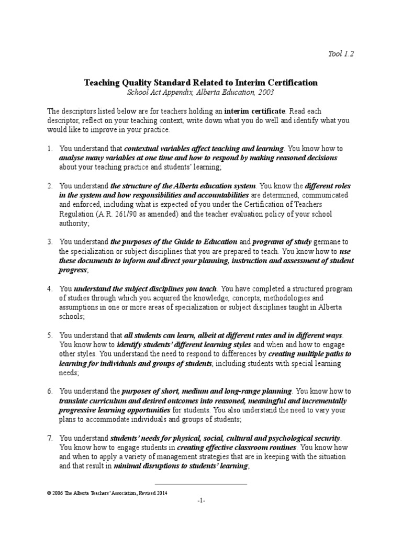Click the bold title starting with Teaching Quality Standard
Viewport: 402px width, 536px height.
click(201, 82)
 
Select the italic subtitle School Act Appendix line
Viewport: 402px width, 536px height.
click(201, 92)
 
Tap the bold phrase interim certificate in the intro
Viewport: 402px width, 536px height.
click(255, 111)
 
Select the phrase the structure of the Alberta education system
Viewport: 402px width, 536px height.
click(183, 186)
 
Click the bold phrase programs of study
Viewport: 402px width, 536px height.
click(282, 242)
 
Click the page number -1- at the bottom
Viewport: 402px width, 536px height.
click(201, 501)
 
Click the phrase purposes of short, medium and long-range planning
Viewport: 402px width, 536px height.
click(207, 391)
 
